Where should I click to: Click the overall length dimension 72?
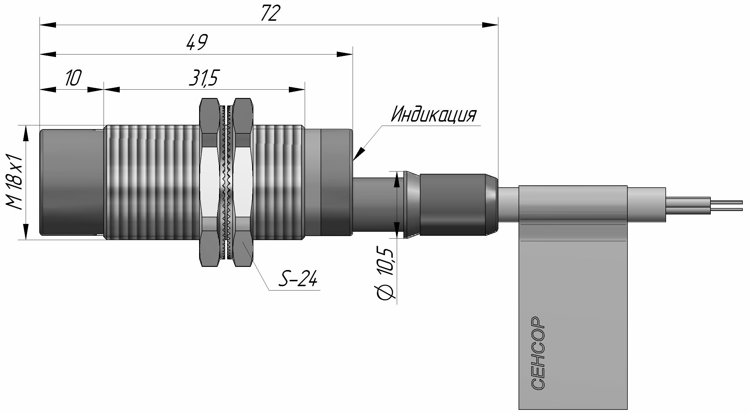(x=270, y=13)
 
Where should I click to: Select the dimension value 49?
(x=197, y=42)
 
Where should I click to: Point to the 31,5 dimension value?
(x=203, y=78)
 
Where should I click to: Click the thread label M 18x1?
(x=14, y=182)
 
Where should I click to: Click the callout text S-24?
(x=298, y=279)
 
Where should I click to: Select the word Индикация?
(x=433, y=114)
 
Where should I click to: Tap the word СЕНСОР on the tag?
(x=538, y=352)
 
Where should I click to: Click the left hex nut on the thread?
(x=209, y=182)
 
